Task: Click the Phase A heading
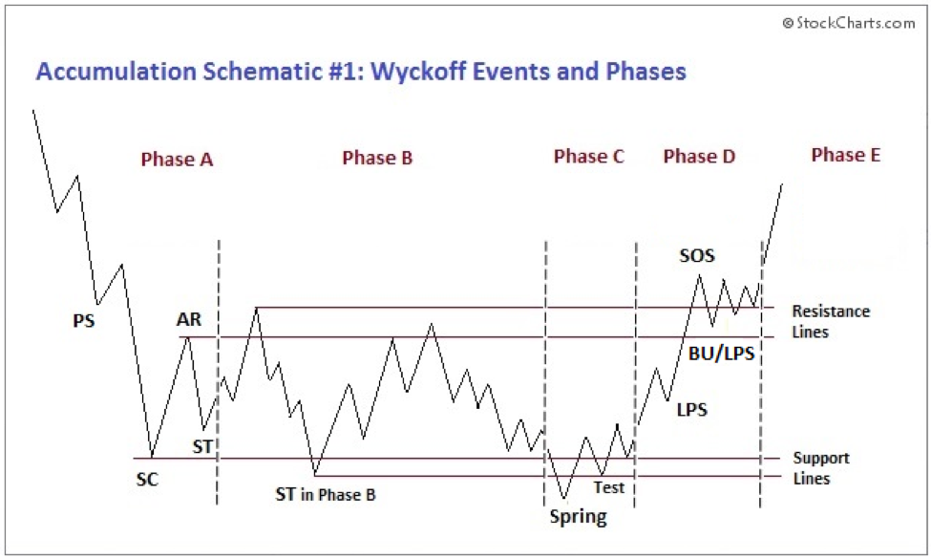point(177,160)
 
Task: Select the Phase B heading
point(377,158)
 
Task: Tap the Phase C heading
point(588,157)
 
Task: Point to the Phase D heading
point(699,157)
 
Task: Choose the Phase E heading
point(845,154)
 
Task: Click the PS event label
point(84,321)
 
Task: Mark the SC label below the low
point(147,480)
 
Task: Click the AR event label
point(189,319)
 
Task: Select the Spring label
point(578,517)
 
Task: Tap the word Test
point(608,487)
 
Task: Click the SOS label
point(697,255)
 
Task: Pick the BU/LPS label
point(721,354)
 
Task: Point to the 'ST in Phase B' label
point(326,494)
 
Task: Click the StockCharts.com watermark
point(848,23)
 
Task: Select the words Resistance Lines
point(830,321)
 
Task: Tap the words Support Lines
point(820,468)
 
